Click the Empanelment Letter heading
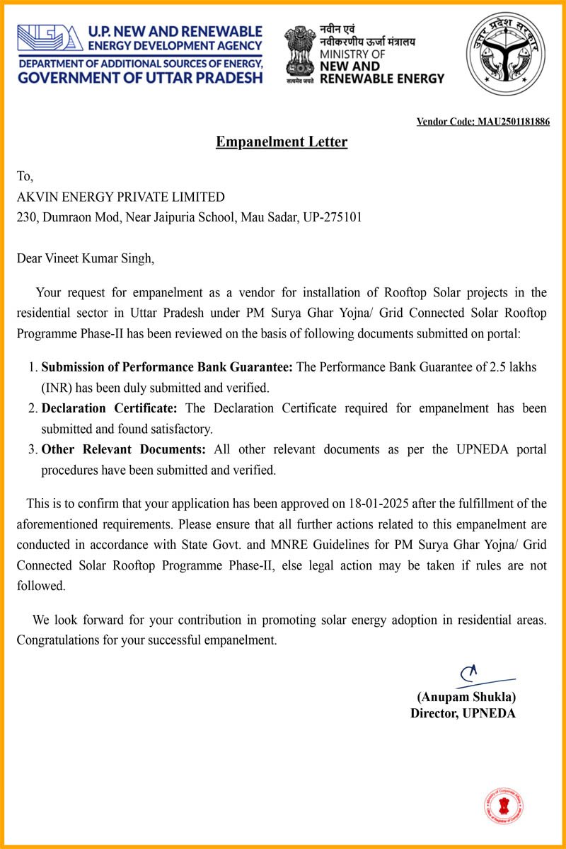tap(282, 142)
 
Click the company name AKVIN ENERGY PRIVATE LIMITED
tap(121, 197)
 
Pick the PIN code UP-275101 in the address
tap(333, 217)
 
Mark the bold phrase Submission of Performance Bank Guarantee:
tap(167, 367)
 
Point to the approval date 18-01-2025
tap(378, 504)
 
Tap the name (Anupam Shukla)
tap(466, 696)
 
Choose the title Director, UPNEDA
tap(463, 713)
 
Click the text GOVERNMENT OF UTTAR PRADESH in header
tap(140, 77)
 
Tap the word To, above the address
tap(25, 177)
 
